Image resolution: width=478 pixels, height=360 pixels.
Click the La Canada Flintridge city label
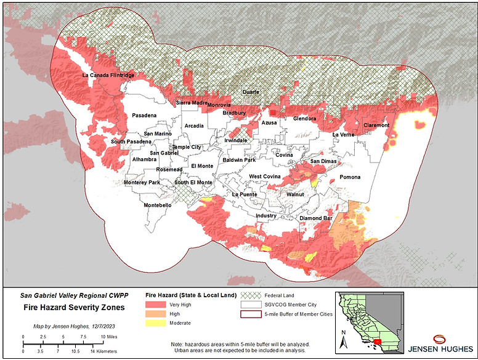108,75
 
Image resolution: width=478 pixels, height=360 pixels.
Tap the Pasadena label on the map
144,115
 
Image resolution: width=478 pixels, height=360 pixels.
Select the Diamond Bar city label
316,218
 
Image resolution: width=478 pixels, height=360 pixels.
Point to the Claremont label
376,125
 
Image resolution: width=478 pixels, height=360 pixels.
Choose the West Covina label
265,177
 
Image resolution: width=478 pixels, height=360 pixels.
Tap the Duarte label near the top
251,92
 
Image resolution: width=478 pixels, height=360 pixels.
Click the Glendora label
304,118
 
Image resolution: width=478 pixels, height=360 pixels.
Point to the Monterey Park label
142,183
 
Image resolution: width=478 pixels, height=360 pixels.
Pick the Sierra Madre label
192,103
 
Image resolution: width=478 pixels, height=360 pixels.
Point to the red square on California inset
377,340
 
